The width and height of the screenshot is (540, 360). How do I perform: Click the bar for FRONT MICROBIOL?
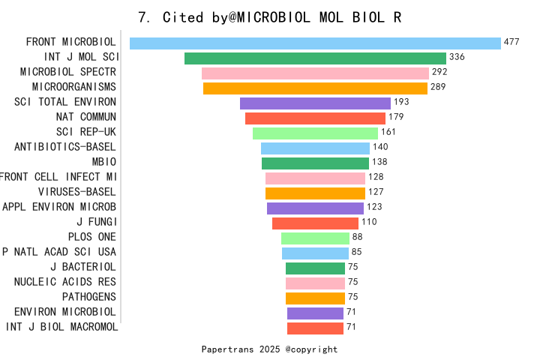(x=315, y=43)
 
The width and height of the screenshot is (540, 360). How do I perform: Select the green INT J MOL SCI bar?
(x=315, y=58)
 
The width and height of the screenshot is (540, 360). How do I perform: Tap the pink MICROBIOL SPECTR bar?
(x=315, y=73)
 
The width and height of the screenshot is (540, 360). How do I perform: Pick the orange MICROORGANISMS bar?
(x=315, y=88)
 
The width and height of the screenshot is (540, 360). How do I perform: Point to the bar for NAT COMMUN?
(x=315, y=118)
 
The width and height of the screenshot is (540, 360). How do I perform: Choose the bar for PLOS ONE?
(x=315, y=238)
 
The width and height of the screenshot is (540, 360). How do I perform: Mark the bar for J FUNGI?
(x=315, y=223)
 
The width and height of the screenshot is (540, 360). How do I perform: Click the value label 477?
(x=511, y=42)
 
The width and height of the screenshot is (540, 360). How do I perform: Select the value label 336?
(x=457, y=57)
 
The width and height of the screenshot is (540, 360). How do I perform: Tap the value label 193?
(x=401, y=102)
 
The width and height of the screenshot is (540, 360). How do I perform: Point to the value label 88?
(x=357, y=237)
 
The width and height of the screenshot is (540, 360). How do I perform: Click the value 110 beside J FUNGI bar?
(x=369, y=222)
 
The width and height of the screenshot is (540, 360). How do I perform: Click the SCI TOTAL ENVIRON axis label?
(x=65, y=102)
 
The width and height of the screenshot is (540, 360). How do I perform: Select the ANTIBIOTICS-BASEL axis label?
(x=65, y=147)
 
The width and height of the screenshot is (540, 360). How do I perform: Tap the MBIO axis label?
(x=103, y=162)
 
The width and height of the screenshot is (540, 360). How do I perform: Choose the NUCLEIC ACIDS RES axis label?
(x=65, y=282)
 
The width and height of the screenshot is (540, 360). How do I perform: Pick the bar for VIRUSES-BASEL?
(x=315, y=193)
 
